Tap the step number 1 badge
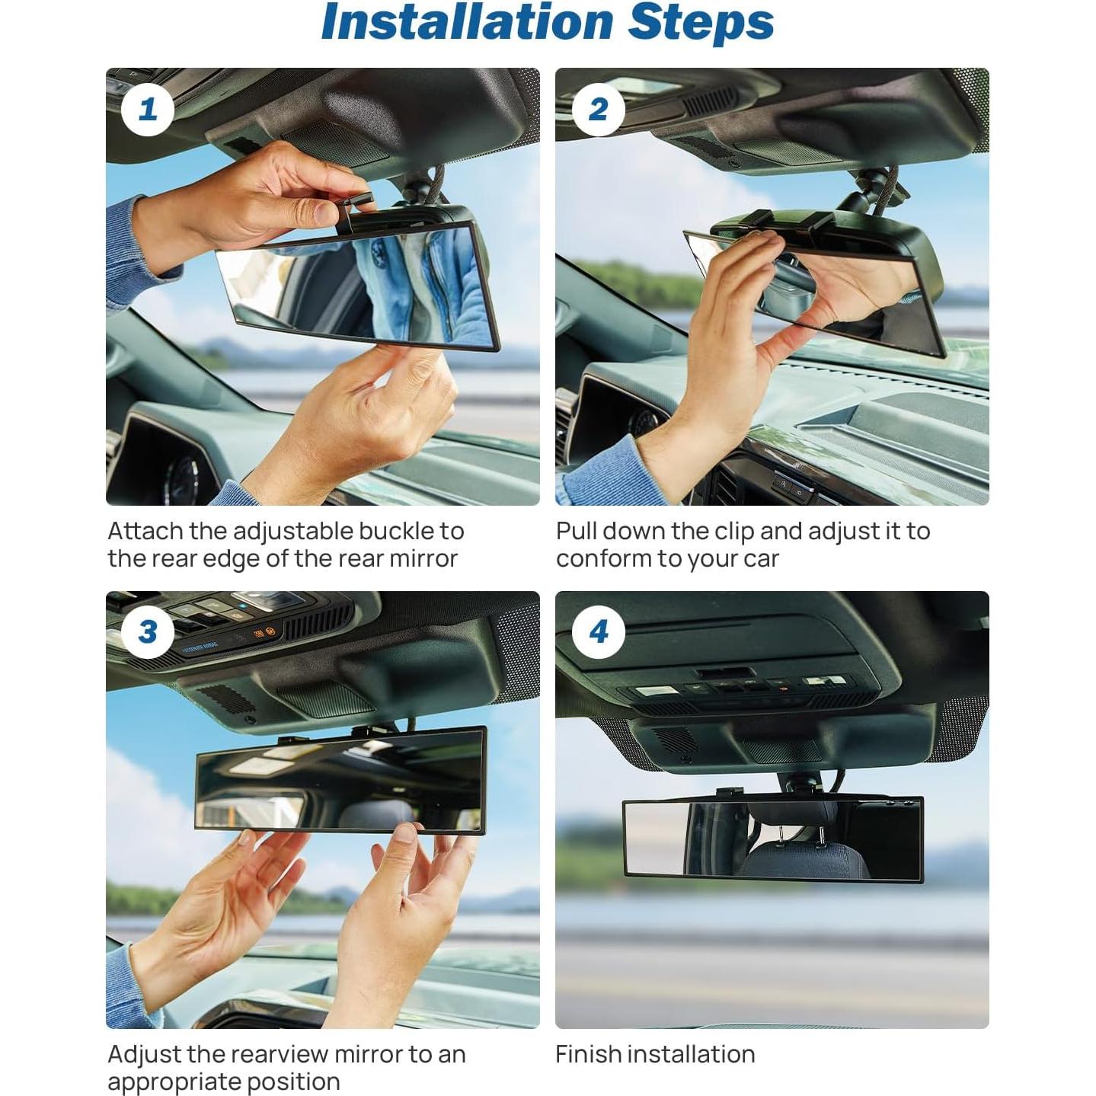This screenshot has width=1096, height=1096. [x=148, y=109]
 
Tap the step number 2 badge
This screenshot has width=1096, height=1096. [x=598, y=109]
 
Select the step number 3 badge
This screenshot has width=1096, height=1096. [x=148, y=632]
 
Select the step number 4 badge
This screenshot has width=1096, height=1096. [x=598, y=632]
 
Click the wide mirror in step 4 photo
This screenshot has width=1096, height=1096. [x=772, y=838]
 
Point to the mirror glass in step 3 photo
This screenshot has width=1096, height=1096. [x=339, y=781]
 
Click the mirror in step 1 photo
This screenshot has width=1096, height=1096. [x=358, y=286]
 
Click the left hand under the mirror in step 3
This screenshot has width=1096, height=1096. [x=221, y=906]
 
